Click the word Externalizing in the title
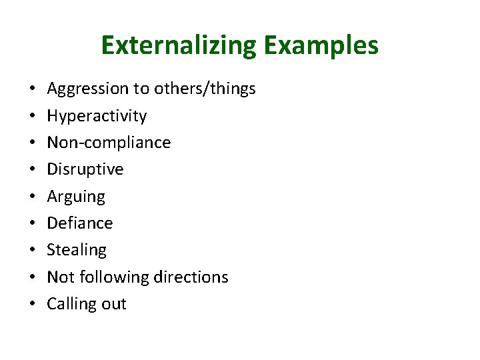pyautogui.click(x=179, y=46)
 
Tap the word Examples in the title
pyautogui.click(x=321, y=46)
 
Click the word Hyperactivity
pyautogui.click(x=97, y=116)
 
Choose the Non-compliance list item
pyautogui.click(x=109, y=143)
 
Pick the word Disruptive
pyautogui.click(x=85, y=169)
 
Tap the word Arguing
pyautogui.click(x=76, y=197)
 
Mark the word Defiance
pyautogui.click(x=80, y=223)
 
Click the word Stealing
pyautogui.click(x=77, y=250)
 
